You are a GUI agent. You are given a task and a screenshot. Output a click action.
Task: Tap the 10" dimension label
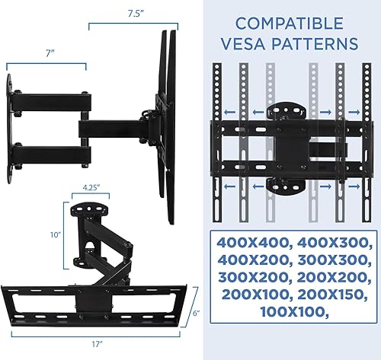click(x=53, y=235)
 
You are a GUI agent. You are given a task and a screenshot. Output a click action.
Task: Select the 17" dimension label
click(x=97, y=345)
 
